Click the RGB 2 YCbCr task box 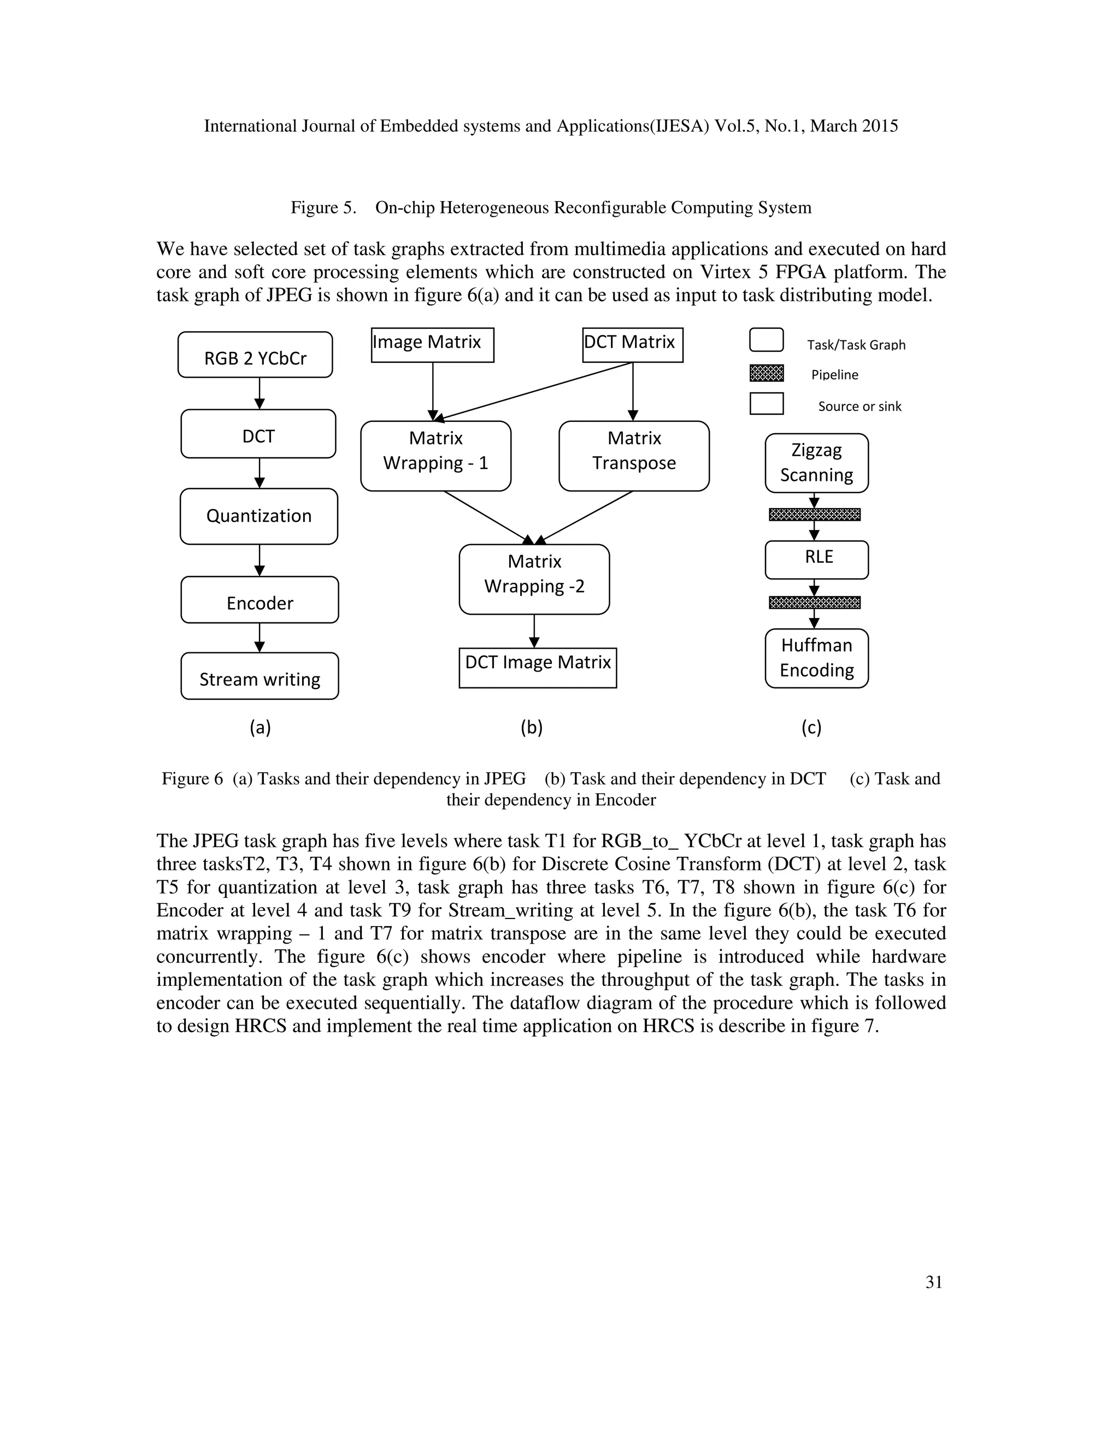tap(255, 355)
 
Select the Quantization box tap(258, 516)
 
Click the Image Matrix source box tap(432, 345)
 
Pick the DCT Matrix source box tap(632, 345)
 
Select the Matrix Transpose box tap(634, 456)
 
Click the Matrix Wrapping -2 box tap(534, 579)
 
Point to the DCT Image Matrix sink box tap(538, 668)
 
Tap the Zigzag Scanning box tap(816, 463)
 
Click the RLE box tap(816, 560)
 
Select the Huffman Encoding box tap(816, 658)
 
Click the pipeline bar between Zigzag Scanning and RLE tap(814, 515)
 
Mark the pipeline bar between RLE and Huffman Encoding tap(814, 603)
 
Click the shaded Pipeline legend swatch tap(767, 373)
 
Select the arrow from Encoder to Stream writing tap(260, 638)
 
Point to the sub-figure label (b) tap(532, 728)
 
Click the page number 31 tap(933, 1282)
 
